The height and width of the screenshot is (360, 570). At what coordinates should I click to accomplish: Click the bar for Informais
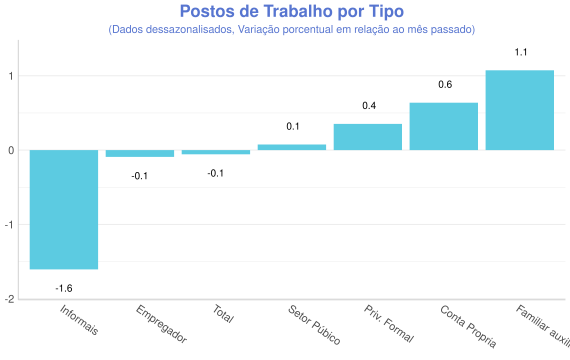coord(64,209)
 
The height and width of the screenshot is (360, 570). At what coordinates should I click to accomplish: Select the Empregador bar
coord(140,153)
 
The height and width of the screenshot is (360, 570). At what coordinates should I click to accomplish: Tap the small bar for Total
coord(216,152)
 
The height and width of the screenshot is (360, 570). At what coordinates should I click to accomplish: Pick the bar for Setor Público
coord(292,147)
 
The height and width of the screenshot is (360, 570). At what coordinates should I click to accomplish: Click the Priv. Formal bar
coord(368,137)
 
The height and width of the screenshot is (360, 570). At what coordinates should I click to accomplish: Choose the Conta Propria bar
coord(444,126)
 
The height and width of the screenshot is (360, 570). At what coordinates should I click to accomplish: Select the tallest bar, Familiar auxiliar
coord(520,110)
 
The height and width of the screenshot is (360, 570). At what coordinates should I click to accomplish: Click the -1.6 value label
coord(64,288)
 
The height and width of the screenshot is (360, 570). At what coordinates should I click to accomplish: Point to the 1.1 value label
coord(520,52)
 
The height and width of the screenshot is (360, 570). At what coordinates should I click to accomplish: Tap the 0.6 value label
coord(444,85)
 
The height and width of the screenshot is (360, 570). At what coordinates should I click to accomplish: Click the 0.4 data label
coord(368,106)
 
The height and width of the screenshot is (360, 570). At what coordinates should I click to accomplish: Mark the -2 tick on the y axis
coord(9,299)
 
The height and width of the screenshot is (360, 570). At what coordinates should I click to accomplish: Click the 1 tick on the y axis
coord(11,76)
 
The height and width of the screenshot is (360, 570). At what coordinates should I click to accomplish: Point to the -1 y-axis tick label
coord(9,225)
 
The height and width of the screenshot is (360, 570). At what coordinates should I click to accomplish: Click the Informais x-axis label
coord(78,321)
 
